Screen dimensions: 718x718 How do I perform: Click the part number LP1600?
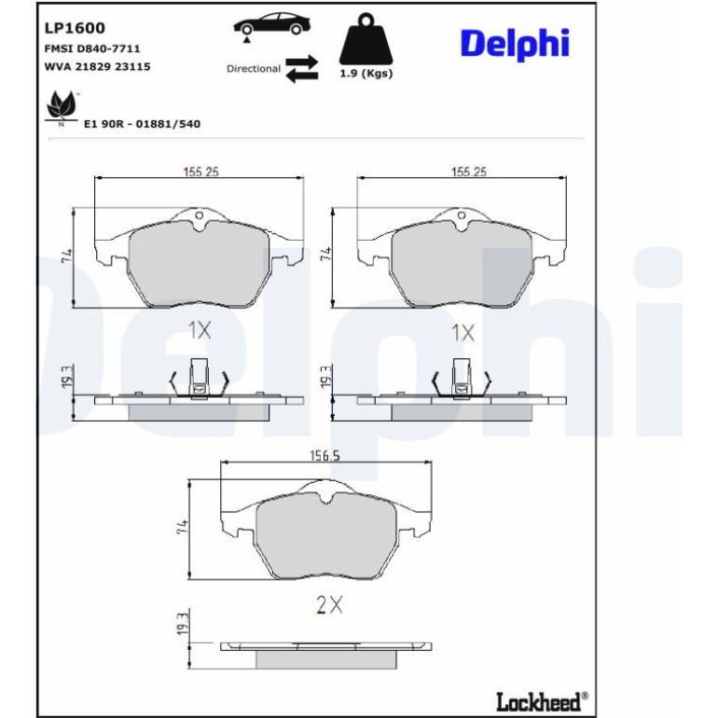coord(75,28)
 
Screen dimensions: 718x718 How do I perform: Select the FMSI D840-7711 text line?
coord(92,48)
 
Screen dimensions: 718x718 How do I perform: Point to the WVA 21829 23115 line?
coord(97,66)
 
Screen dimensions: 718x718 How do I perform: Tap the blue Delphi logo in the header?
coord(515,44)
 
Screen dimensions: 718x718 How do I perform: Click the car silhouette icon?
coord(271,24)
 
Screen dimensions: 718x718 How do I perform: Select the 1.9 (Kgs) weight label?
coord(366,74)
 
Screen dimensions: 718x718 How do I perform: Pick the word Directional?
coord(254,69)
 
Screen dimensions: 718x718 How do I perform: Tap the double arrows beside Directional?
coord(302,69)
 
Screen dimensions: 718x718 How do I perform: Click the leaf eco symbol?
coord(62,106)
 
